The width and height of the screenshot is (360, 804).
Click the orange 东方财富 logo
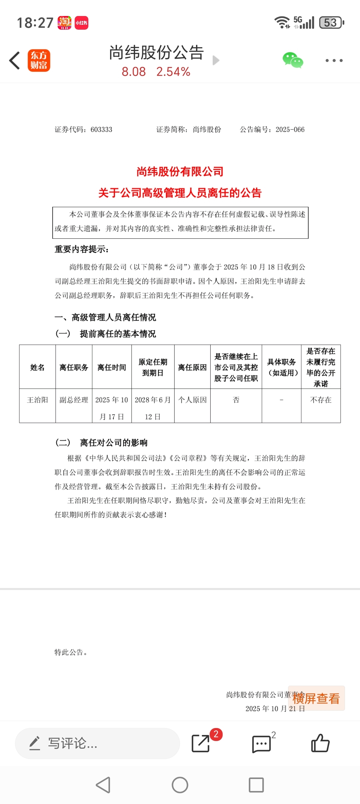point(39,61)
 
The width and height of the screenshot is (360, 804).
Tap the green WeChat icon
point(293,60)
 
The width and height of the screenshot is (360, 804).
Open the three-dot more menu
point(334,61)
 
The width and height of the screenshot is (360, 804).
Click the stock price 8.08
point(134,72)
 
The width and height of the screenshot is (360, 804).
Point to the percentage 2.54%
point(173,72)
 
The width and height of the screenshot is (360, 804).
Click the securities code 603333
point(101,130)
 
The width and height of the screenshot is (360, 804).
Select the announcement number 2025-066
point(290,130)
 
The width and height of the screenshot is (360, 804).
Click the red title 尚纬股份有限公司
point(180,172)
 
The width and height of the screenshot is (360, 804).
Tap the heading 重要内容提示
point(82,249)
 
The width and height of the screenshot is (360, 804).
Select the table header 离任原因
point(192,367)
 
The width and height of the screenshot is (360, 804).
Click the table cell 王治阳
point(37,400)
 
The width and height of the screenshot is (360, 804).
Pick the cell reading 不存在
point(321,400)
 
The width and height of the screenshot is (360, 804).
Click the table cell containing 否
point(236,400)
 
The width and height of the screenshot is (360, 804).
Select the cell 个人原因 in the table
point(192,400)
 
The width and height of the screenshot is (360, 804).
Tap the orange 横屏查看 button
point(316,698)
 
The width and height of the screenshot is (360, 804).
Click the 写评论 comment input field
point(97,743)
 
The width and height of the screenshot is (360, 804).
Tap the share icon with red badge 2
point(201,743)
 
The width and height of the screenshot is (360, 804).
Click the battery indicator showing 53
point(331,23)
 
